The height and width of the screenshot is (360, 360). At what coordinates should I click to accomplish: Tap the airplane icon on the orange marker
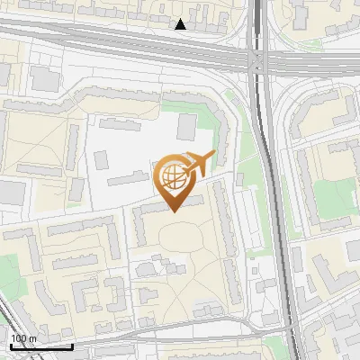[199, 164]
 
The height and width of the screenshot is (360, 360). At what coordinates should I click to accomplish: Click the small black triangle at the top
[181, 24]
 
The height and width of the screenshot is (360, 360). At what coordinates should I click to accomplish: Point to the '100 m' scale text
[23, 338]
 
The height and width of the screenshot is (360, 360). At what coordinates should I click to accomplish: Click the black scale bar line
[40, 346]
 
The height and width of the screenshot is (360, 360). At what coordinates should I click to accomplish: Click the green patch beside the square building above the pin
[208, 122]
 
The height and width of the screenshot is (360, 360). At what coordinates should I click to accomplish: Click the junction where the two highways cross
[257, 60]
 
